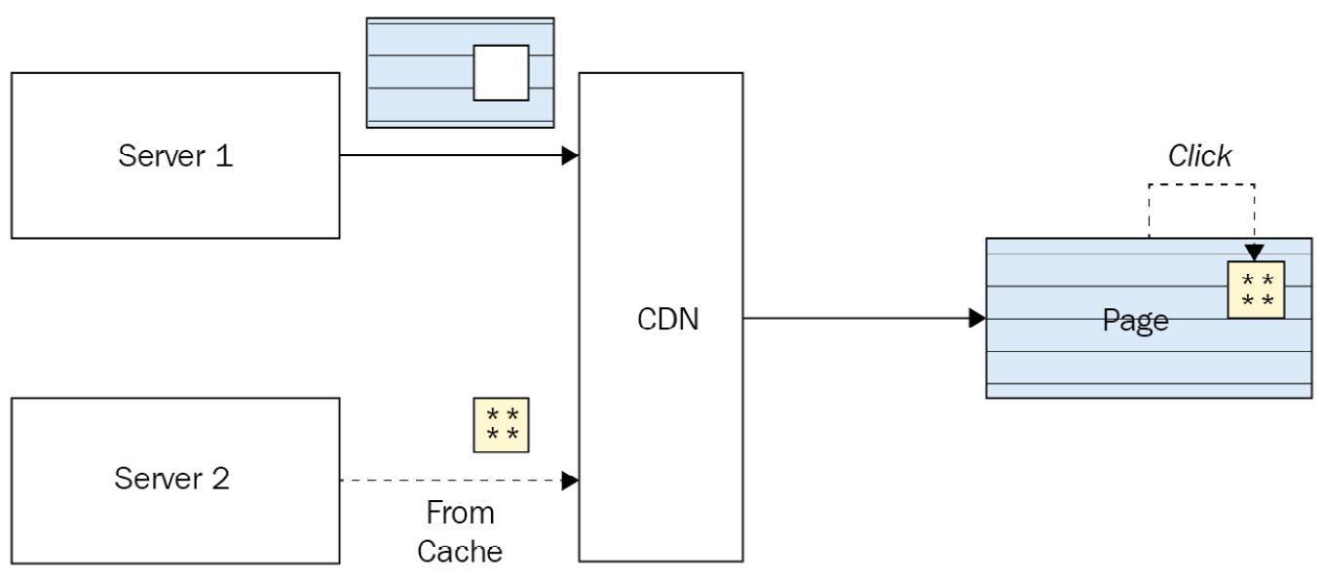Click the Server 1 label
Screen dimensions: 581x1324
(175, 156)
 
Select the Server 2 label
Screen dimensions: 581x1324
(172, 479)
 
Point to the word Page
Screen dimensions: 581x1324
(1135, 321)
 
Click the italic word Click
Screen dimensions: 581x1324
(1199, 156)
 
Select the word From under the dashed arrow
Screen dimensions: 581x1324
(460, 514)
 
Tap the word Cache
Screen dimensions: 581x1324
(460, 551)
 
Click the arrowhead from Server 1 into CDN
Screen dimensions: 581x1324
(571, 156)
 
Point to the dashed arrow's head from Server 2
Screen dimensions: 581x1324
(571, 481)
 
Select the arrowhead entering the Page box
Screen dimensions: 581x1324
(977, 318)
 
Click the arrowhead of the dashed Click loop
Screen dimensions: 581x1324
(1254, 253)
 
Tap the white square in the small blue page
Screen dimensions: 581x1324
(501, 72)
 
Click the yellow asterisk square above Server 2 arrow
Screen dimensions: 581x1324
(501, 425)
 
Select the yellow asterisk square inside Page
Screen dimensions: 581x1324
(1256, 290)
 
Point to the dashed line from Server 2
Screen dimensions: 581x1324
(448, 481)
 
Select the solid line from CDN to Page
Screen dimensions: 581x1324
(857, 318)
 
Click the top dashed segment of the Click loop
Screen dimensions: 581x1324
(1201, 183)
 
